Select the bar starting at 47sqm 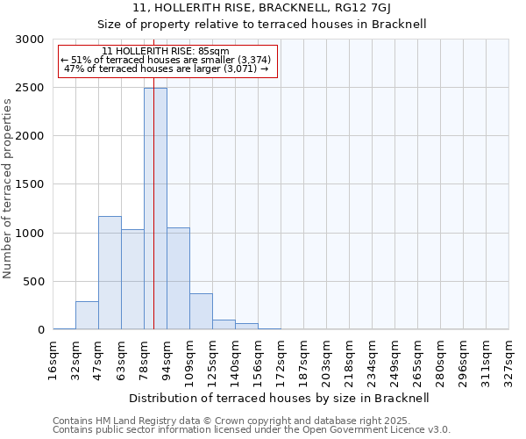110,272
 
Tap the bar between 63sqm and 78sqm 132,279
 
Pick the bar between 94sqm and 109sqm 178,278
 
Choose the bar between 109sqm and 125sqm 201,312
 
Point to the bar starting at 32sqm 87,315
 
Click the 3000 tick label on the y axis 30,40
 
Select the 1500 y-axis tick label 30,184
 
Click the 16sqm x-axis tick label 53,360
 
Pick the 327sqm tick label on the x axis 509,360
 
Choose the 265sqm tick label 418,360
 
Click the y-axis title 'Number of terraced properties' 8,189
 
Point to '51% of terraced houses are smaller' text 167,60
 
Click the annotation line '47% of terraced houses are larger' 167,68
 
